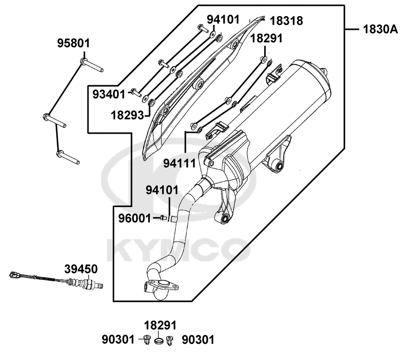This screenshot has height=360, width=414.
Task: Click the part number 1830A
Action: click(x=380, y=29)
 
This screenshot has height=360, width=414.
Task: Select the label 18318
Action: click(x=286, y=21)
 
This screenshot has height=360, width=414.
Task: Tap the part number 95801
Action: click(x=74, y=43)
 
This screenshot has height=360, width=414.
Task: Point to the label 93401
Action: click(x=109, y=94)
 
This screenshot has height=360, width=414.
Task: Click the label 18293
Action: click(x=127, y=116)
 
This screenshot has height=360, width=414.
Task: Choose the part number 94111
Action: click(x=180, y=163)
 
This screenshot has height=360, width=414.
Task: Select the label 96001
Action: click(x=135, y=218)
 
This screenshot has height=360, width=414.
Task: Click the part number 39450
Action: click(x=81, y=269)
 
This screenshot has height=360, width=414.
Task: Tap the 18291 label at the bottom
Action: click(x=160, y=325)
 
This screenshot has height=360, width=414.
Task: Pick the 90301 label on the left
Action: click(x=118, y=340)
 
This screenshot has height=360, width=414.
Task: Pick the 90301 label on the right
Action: click(x=198, y=340)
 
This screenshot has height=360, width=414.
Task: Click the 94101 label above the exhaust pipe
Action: click(x=162, y=190)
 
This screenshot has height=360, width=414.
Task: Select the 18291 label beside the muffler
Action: click(x=266, y=38)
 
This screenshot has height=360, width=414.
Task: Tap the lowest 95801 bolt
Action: click(x=68, y=157)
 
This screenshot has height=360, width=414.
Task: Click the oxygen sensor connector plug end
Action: click(x=14, y=275)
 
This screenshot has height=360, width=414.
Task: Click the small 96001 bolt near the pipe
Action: click(x=163, y=217)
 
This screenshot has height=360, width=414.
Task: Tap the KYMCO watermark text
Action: click(x=178, y=249)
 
